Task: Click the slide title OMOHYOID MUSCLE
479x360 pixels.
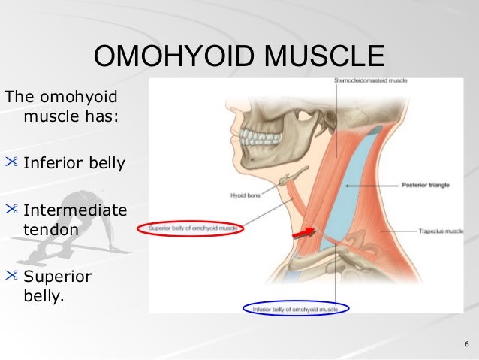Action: [x=239, y=57]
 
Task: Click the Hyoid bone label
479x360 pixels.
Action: [x=246, y=195]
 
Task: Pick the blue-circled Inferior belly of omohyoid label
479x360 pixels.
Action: [x=296, y=308]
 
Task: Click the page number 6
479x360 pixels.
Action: [x=466, y=345]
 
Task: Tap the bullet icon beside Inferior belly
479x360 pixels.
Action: [x=12, y=162]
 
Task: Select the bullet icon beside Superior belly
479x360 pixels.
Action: [x=12, y=276]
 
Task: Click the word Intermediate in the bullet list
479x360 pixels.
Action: [x=74, y=211]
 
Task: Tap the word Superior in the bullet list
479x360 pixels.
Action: [x=57, y=277]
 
